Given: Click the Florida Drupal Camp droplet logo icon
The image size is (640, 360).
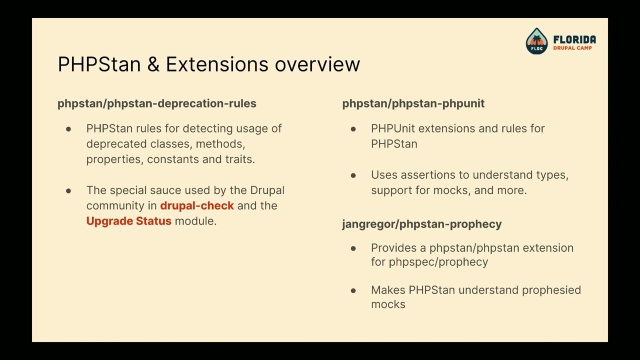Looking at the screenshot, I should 536,40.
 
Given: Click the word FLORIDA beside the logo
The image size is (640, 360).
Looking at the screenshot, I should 574,39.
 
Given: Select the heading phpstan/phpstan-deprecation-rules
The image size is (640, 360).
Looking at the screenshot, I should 156,103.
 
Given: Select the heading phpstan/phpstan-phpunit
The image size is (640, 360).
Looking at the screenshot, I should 413,103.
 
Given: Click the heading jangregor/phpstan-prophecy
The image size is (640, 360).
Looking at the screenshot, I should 421,224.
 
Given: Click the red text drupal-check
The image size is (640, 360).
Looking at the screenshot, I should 197,205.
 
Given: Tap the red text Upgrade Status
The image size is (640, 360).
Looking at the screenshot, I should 128,221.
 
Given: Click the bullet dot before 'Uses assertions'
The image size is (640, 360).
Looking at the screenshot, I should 353,175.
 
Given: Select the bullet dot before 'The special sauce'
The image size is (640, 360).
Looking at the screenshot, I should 68,191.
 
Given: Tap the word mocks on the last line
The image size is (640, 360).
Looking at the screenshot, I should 388,304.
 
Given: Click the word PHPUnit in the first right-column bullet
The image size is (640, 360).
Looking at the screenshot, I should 393,128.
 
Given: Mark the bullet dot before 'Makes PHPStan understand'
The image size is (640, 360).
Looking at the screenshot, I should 353,290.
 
